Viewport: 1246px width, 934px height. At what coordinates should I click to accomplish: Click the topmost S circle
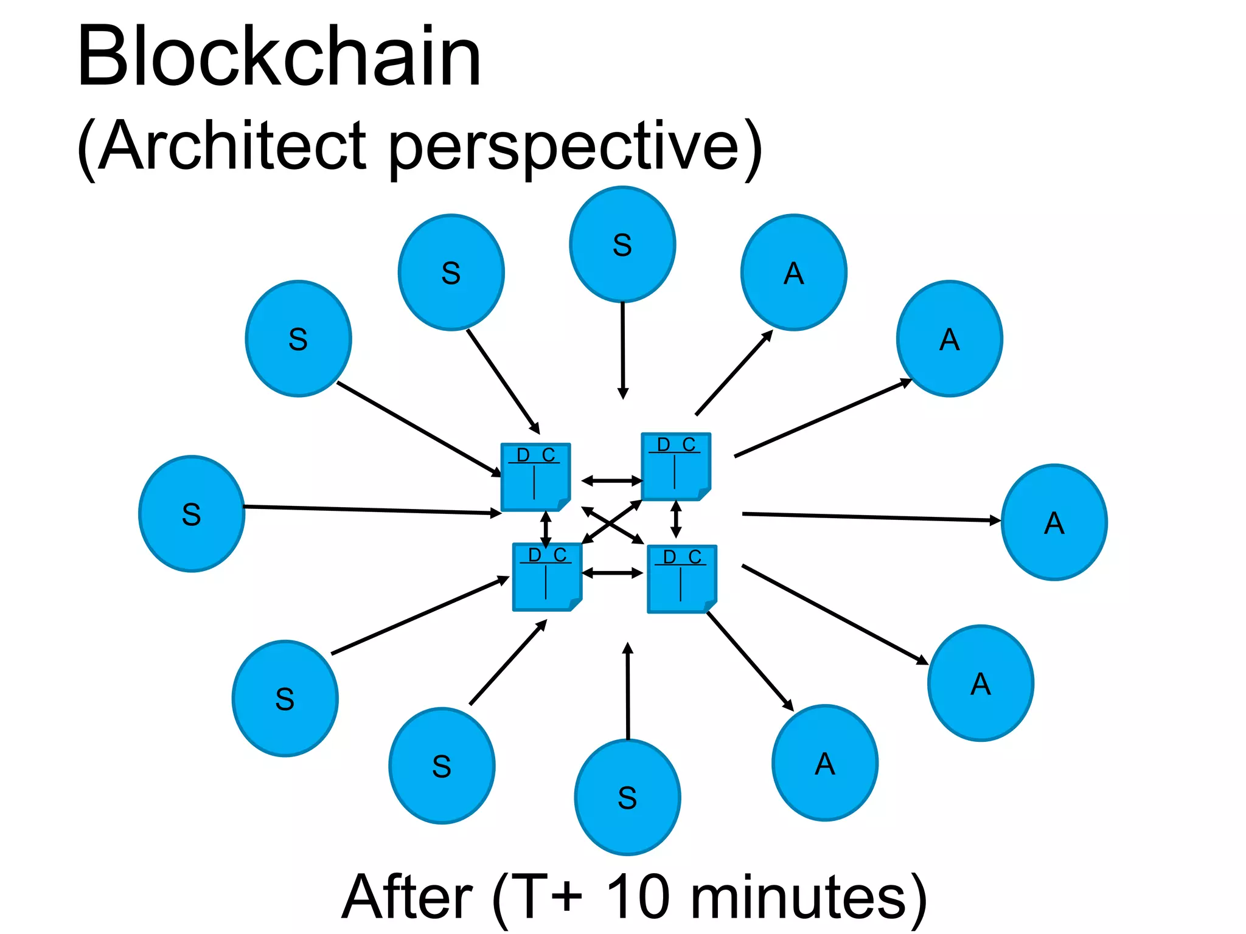(x=622, y=244)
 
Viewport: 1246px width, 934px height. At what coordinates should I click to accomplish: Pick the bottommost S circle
(x=627, y=797)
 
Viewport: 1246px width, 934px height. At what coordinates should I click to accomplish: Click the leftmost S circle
(x=192, y=514)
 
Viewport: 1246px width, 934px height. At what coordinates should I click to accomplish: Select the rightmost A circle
(x=1054, y=522)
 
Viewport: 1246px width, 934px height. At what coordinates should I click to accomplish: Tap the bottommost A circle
(x=824, y=763)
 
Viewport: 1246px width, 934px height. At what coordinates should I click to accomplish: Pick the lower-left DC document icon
(x=547, y=577)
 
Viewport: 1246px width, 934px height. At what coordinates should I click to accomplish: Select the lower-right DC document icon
(x=681, y=579)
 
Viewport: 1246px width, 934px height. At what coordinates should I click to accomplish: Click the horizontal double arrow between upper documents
(x=611, y=481)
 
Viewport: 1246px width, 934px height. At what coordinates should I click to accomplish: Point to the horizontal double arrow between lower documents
(x=612, y=573)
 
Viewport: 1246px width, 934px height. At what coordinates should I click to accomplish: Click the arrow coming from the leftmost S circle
(x=371, y=510)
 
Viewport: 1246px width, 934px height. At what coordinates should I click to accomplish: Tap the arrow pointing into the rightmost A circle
(x=870, y=517)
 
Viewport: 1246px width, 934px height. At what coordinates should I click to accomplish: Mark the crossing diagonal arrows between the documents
(x=612, y=524)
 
